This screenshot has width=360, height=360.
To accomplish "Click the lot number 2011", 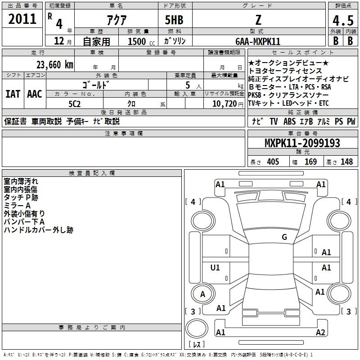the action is pyautogui.click(x=22, y=19).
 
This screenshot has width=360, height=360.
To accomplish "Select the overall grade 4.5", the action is pyautogui.click(x=343, y=20).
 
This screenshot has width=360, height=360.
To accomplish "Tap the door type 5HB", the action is pyautogui.click(x=174, y=20).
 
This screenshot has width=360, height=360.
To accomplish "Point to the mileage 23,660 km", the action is pyautogui.click(x=55, y=65).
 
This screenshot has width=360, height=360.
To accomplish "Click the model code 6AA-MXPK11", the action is pyautogui.click(x=258, y=41).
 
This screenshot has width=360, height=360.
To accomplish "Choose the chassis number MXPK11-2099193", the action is pyautogui.click(x=302, y=143).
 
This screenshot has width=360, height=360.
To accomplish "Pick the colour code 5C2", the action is pyautogui.click(x=75, y=104).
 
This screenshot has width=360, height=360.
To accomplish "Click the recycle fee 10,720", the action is pyautogui.click(x=225, y=104).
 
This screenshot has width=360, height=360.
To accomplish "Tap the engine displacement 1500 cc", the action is pyautogui.click(x=141, y=41).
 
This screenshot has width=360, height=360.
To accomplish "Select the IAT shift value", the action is pyautogui.click(x=13, y=94).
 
